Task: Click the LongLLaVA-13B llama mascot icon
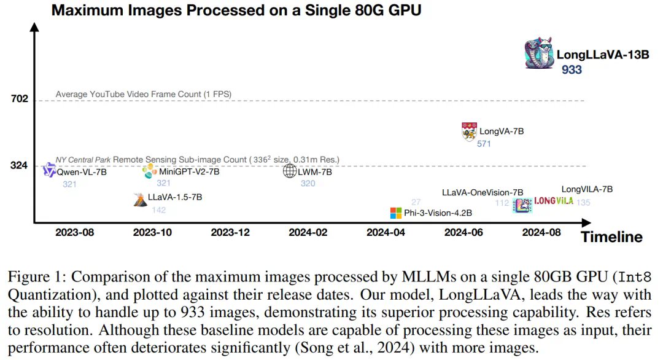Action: tap(539, 54)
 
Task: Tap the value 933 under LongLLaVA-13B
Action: tap(572, 70)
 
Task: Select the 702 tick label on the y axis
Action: tap(20, 99)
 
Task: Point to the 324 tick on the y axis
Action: tap(20, 165)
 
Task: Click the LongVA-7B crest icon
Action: tap(469, 131)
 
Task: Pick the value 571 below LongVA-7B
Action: tap(484, 144)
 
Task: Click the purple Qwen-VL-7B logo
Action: tap(50, 170)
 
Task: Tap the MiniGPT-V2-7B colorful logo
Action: tap(149, 171)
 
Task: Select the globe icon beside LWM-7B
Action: tap(290, 171)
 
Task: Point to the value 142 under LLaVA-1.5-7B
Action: tap(158, 210)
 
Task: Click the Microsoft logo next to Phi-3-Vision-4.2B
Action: tap(395, 213)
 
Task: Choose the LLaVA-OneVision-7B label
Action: tap(483, 192)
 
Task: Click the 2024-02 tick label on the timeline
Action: tap(308, 233)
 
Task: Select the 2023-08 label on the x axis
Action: tap(74, 233)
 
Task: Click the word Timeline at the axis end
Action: tap(611, 237)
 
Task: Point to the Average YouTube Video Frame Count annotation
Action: tap(143, 94)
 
